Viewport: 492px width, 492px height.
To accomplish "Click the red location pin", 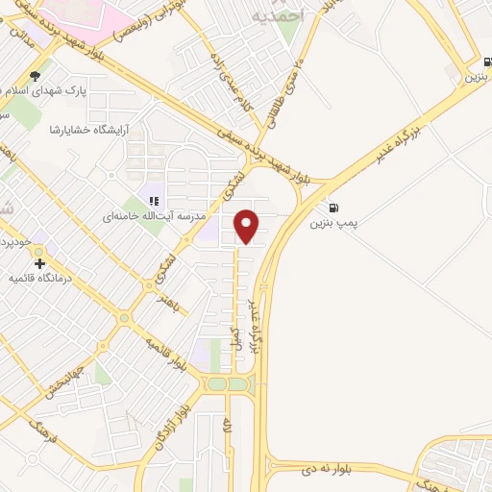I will point(247,226).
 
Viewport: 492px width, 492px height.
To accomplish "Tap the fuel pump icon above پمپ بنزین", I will point(333,207).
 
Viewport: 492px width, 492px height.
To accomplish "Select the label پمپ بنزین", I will point(333,223).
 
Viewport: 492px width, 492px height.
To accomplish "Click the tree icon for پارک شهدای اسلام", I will point(36,76).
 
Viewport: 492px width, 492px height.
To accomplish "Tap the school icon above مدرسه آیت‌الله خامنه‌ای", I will point(152,201).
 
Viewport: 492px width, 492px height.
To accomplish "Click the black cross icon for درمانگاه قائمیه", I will point(39,263).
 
